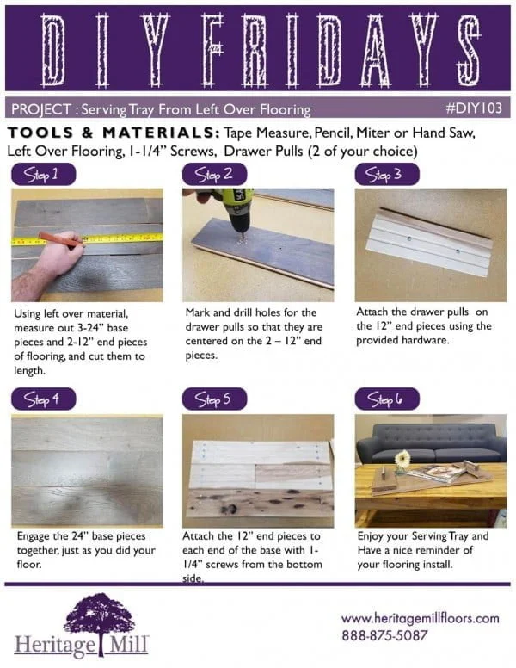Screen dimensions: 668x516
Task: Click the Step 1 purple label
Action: pyautogui.click(x=42, y=175)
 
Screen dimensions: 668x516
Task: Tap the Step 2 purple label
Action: pyautogui.click(x=214, y=175)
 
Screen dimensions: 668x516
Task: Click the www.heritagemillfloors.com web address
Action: pyautogui.click(x=420, y=618)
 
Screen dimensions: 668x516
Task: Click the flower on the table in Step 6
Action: pyautogui.click(x=402, y=458)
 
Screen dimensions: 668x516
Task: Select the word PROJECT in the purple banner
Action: pyautogui.click(x=40, y=109)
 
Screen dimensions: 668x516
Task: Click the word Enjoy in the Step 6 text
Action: pyautogui.click(x=372, y=536)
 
